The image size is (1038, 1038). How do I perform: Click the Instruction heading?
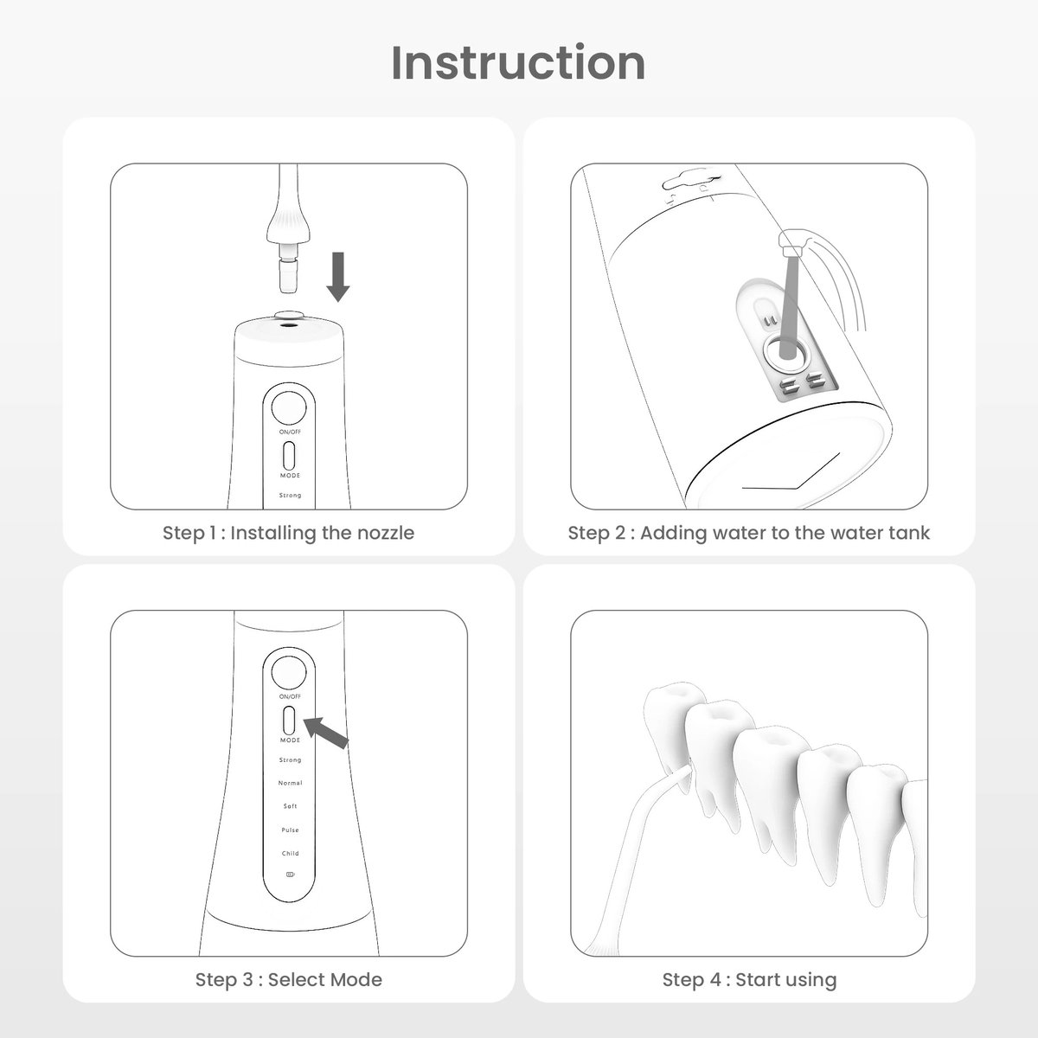tap(518, 63)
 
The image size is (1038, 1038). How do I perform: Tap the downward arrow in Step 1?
tap(338, 277)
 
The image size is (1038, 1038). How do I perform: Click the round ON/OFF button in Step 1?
tap(289, 407)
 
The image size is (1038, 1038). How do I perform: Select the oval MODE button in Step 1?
tap(289, 457)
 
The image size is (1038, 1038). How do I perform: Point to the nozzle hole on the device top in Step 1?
tap(289, 325)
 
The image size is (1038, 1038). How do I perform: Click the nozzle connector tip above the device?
tap(289, 276)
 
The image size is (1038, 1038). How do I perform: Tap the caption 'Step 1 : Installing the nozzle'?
tap(289, 533)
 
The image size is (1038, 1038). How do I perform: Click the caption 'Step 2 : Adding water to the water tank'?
tap(749, 533)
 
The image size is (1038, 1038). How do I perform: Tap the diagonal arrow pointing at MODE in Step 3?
tap(326, 732)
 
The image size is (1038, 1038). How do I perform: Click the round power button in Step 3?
tap(289, 672)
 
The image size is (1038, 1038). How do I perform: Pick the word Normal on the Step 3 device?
tap(290, 783)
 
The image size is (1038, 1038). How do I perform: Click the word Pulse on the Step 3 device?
tap(290, 830)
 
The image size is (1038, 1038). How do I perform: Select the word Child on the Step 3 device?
tap(290, 853)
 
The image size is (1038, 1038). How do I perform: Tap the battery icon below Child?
tap(291, 875)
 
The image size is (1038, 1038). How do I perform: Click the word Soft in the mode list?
tap(290, 806)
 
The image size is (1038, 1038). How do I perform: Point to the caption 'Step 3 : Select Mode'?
tap(289, 979)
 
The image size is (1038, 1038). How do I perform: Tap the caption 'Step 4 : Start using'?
tap(749, 979)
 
